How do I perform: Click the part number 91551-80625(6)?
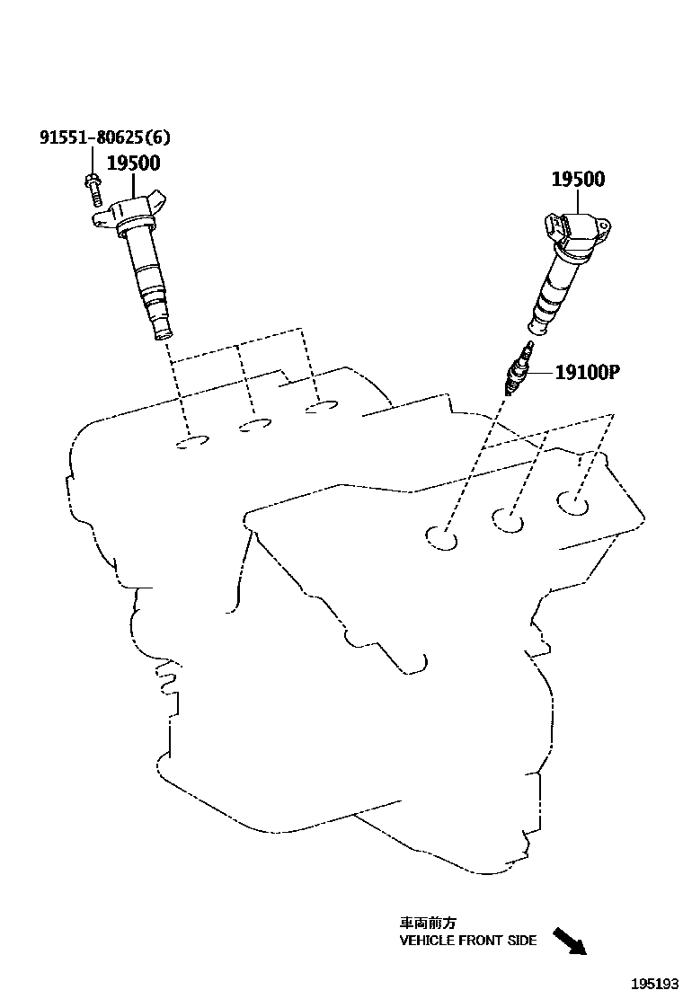[x=104, y=137]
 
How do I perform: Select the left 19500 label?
[x=133, y=164]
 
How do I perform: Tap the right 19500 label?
[x=577, y=179]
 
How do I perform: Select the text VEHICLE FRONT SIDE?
[x=468, y=941]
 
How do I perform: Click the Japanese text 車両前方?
[x=428, y=923]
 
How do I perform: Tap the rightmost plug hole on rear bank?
[x=322, y=408]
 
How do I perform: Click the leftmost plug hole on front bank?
[x=441, y=537]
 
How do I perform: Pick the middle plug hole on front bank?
[x=509, y=519]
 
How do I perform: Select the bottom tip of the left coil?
[x=163, y=334]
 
